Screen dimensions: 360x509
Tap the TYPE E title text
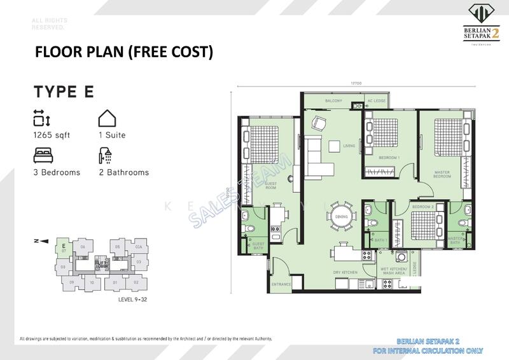64,92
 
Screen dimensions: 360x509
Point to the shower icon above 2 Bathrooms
106,155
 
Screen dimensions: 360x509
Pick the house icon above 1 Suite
106,118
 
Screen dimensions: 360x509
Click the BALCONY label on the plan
333,101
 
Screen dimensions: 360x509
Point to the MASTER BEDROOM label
442,173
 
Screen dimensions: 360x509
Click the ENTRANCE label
281,284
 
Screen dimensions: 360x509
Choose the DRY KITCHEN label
343,273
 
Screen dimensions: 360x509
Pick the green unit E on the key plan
63,246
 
